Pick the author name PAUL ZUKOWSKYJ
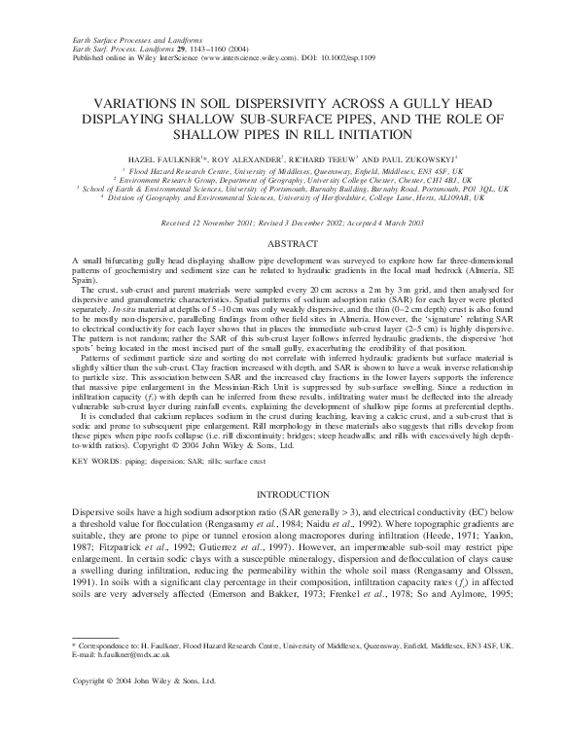[427, 157]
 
